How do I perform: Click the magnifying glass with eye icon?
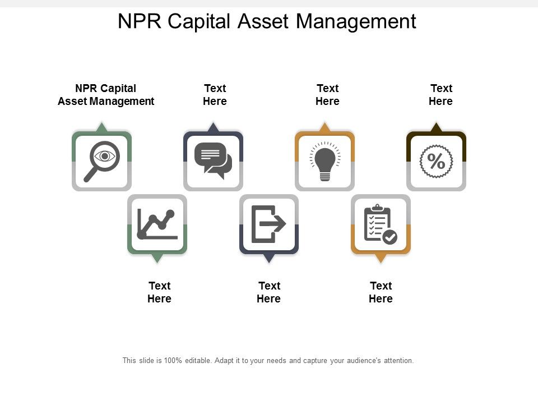(101, 161)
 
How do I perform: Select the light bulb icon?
(324, 161)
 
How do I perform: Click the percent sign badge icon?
(436, 161)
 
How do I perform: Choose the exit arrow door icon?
(268, 224)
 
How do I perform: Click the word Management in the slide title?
(356, 21)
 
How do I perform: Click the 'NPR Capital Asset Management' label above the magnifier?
(106, 95)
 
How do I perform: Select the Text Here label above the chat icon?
(215, 95)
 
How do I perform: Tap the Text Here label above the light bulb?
(327, 95)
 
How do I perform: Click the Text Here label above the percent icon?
(440, 95)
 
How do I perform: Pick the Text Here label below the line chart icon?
(159, 292)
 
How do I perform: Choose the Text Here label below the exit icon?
(268, 292)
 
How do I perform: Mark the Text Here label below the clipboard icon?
(381, 292)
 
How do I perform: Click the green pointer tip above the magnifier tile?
(101, 127)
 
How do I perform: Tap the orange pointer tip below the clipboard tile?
(381, 259)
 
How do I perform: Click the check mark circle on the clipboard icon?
(390, 237)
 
